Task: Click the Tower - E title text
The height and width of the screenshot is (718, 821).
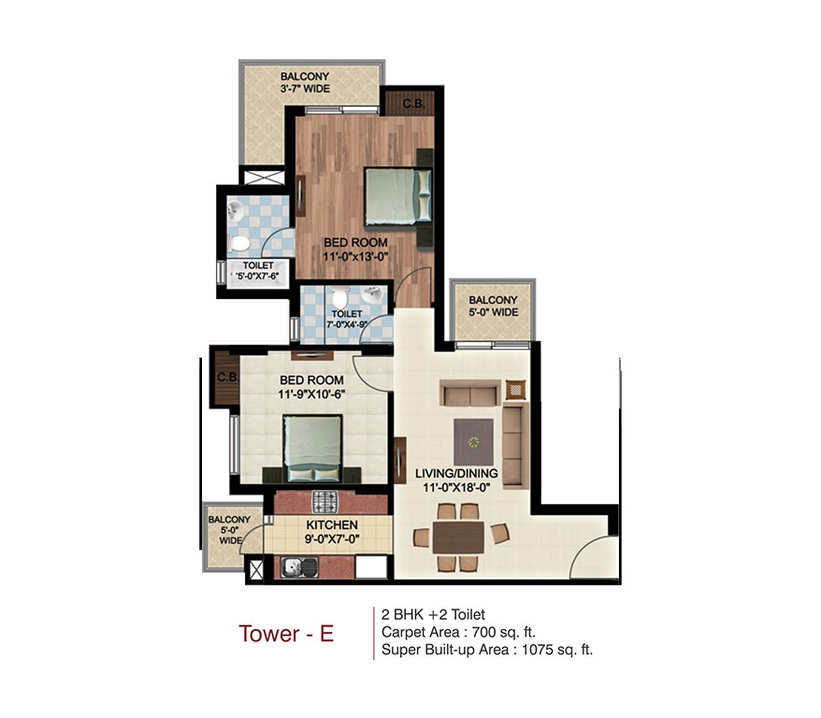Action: point(286,633)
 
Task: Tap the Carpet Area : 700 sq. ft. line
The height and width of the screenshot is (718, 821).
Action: point(458,632)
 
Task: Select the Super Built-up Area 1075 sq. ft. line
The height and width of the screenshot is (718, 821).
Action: point(486,649)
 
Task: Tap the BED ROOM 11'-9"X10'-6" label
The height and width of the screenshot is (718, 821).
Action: point(311,387)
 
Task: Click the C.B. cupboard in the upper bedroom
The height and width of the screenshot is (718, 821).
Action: point(412,103)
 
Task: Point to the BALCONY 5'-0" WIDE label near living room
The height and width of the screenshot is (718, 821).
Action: point(493,306)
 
